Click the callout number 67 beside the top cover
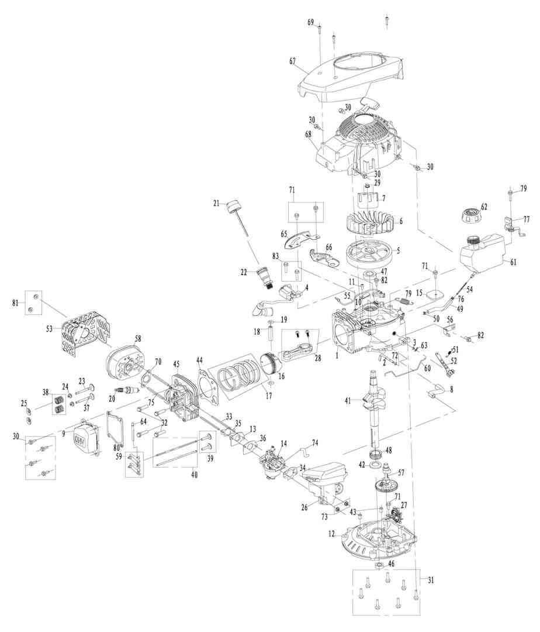pos(293,60)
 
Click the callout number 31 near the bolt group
pos(431,580)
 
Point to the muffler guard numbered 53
pos(85,338)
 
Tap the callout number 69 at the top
pos(311,22)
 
